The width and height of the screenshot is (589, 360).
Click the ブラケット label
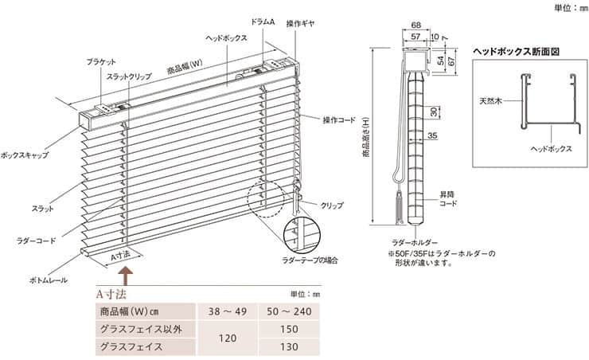click(101, 62)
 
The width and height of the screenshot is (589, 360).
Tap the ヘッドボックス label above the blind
click(227, 38)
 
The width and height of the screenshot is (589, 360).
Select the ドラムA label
click(263, 22)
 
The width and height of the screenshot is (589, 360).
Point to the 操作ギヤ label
click(300, 23)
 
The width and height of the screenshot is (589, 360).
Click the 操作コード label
click(339, 120)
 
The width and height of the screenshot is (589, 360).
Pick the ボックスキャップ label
click(25, 155)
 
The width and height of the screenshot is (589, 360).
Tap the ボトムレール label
click(48, 280)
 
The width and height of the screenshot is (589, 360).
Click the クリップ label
click(332, 205)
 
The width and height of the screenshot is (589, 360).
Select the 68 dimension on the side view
click(415, 25)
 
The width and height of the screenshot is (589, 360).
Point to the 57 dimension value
click(415, 37)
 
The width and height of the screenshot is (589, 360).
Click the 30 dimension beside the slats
click(434, 112)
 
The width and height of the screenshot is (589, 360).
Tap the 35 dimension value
click(432, 135)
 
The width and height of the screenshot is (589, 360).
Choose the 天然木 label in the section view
click(490, 101)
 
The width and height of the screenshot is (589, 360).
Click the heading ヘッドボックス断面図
click(516, 52)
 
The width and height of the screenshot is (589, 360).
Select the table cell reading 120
click(228, 338)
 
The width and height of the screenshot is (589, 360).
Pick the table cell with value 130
click(289, 346)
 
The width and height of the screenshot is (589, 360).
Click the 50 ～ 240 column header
click(289, 311)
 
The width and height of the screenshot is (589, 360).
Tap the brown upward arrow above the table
click(126, 276)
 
